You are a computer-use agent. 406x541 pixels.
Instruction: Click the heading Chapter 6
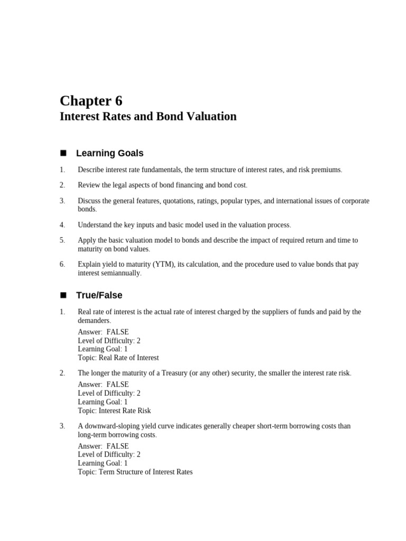(91, 100)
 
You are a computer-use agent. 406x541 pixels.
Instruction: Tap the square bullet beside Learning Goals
(63, 153)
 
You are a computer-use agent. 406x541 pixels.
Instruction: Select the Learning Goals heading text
(109, 153)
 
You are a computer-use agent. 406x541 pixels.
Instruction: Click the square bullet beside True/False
(63, 295)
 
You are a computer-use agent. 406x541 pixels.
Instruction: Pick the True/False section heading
(99, 295)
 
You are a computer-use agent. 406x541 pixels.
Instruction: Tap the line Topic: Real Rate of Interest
(118, 358)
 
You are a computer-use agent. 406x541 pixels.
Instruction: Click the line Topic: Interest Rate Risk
(114, 411)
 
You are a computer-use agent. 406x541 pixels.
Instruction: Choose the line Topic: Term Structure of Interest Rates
(135, 472)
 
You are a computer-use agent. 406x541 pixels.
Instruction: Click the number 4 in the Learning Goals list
(62, 225)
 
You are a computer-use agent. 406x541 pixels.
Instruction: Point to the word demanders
(94, 321)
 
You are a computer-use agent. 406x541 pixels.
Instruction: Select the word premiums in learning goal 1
(325, 170)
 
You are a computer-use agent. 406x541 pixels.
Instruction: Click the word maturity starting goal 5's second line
(91, 249)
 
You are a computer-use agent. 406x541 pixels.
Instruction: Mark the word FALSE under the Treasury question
(117, 385)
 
